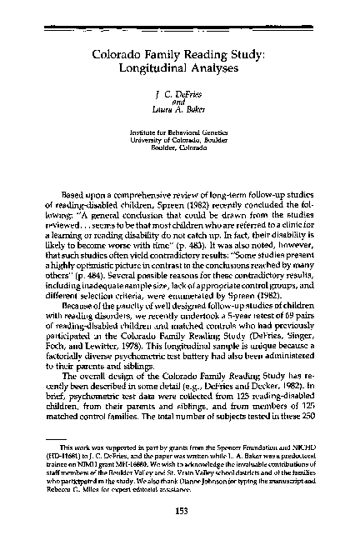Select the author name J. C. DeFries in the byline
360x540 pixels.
point(180,97)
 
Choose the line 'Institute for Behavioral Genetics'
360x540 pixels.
point(180,132)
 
